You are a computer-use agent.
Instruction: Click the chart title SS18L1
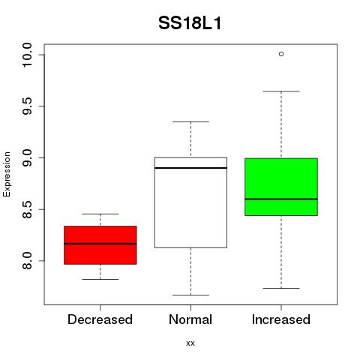pyautogui.click(x=190, y=23)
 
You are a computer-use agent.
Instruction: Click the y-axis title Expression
pyautogui.click(x=7, y=174)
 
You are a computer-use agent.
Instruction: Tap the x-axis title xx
pyautogui.click(x=190, y=343)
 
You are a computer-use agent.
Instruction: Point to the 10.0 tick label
pyautogui.click(x=27, y=55)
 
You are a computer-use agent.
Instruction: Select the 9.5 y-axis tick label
pyautogui.click(x=27, y=106)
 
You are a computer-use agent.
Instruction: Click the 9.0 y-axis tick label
pyautogui.click(x=27, y=157)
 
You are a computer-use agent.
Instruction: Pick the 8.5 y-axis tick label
pyautogui.click(x=27, y=209)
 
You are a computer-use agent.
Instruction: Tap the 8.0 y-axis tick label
pyautogui.click(x=27, y=261)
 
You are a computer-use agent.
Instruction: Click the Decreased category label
pyautogui.click(x=100, y=319)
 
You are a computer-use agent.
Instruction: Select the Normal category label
pyautogui.click(x=190, y=319)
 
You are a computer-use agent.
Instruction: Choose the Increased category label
pyautogui.click(x=281, y=319)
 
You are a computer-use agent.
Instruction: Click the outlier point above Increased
pyautogui.click(x=281, y=54)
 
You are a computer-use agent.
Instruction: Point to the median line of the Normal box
pyautogui.click(x=190, y=168)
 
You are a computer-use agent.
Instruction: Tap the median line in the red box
pyautogui.click(x=100, y=244)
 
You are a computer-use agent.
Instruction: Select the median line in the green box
pyautogui.click(x=281, y=199)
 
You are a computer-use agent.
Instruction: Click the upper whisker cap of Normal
pyautogui.click(x=190, y=121)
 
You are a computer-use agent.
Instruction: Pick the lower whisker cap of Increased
pyautogui.click(x=281, y=288)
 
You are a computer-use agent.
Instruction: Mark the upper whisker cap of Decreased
pyautogui.click(x=100, y=214)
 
